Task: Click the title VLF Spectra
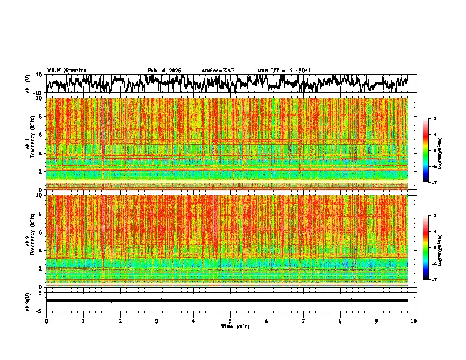(66, 71)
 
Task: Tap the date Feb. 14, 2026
(164, 71)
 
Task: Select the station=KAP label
(218, 71)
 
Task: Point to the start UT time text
(284, 71)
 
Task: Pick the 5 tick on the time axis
(230, 321)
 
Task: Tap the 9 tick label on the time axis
(377, 321)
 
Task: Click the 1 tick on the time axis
(83, 321)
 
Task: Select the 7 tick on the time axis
(304, 321)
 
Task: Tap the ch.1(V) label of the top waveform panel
(28, 84)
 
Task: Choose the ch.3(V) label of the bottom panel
(28, 301)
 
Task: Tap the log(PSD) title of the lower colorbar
(441, 248)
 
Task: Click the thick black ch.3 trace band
(227, 301)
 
